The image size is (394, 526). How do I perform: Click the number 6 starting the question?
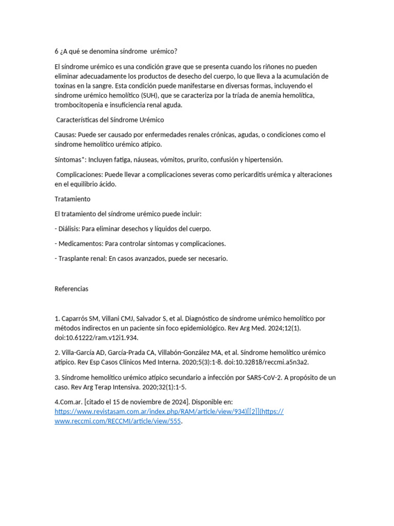click(x=56, y=51)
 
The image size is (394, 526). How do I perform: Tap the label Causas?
click(x=66, y=135)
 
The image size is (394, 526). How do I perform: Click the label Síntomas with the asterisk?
click(x=71, y=160)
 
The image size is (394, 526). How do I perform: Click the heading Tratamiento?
click(x=72, y=199)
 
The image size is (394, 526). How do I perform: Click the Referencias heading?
click(x=71, y=289)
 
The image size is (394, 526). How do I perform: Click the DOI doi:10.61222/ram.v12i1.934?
click(x=96, y=338)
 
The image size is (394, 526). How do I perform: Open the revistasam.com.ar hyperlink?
click(x=154, y=412)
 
